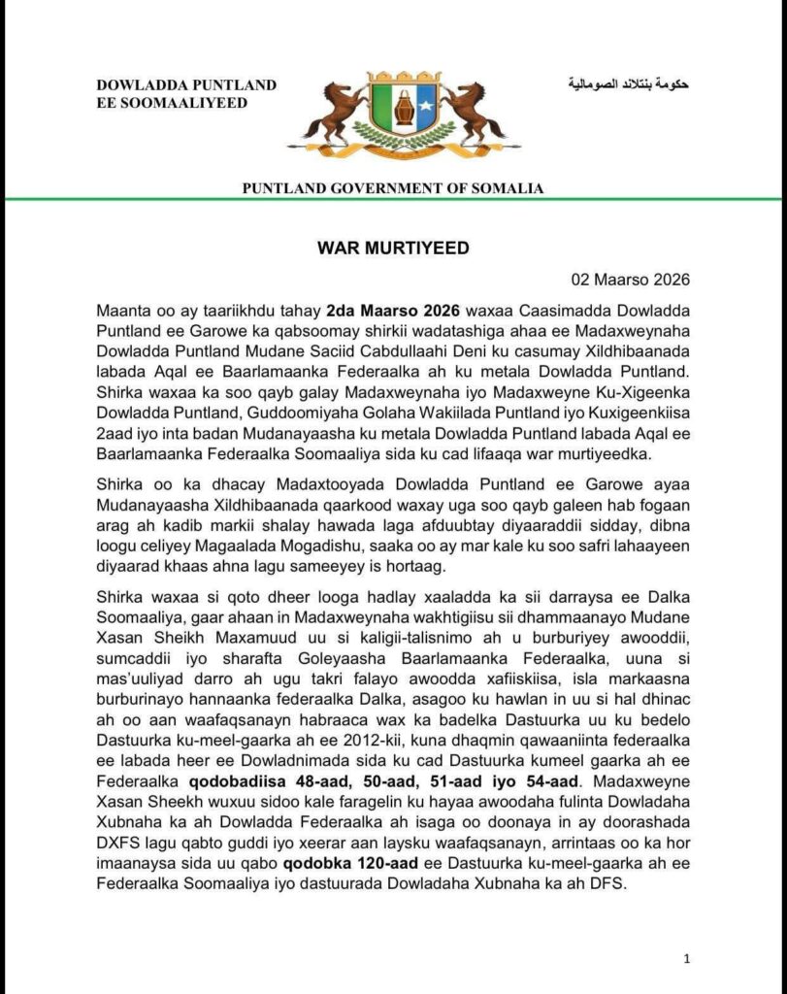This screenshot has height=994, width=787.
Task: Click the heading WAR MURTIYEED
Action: pos(393,248)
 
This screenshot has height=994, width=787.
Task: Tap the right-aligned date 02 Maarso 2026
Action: pos(630,282)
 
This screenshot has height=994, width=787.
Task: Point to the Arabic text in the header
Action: pos(628,85)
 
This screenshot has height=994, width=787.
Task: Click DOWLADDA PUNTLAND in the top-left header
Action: pos(186,85)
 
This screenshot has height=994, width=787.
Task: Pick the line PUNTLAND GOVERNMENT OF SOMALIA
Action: pos(393,188)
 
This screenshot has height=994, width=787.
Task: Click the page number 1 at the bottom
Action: pos(687,959)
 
